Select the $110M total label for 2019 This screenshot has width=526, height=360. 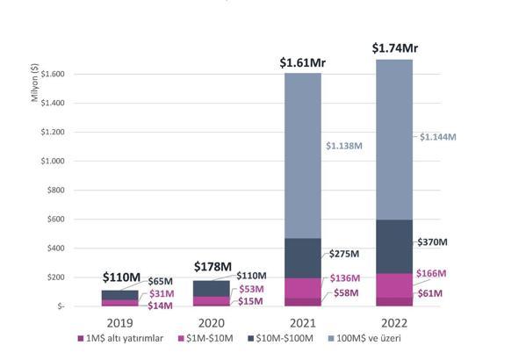coord(121,277)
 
